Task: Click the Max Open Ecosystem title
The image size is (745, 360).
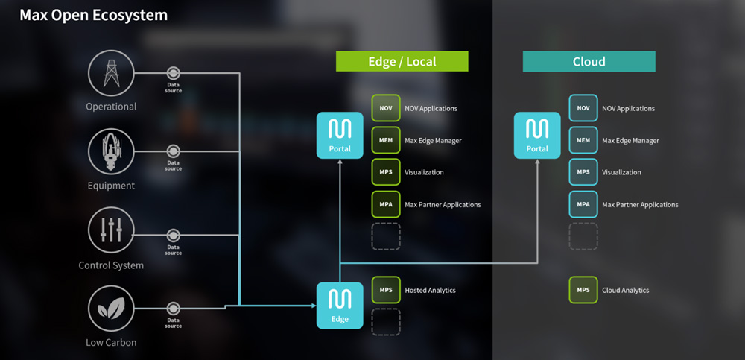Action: (x=93, y=15)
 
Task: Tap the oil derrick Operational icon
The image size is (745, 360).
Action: (x=112, y=73)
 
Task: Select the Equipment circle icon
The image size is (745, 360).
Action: (x=111, y=151)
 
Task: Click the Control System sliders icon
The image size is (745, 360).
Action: (x=111, y=231)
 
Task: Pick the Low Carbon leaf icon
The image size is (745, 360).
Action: (x=111, y=309)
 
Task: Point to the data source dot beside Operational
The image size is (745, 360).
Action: (x=173, y=73)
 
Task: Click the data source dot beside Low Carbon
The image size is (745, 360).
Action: (x=173, y=309)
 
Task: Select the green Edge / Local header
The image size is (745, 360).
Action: (x=402, y=61)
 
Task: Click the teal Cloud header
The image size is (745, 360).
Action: (x=589, y=61)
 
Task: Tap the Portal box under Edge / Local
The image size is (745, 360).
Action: (x=340, y=135)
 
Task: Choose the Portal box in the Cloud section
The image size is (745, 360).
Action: (x=537, y=135)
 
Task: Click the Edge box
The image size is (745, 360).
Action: (x=340, y=305)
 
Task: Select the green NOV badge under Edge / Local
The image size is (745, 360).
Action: (x=386, y=108)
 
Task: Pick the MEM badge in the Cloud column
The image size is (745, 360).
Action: (x=583, y=140)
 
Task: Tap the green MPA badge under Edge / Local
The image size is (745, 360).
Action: (x=386, y=204)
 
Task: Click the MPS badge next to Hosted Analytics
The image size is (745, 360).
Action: (x=386, y=290)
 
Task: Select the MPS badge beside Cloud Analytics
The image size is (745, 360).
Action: (x=583, y=290)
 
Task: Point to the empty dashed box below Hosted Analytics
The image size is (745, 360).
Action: (x=386, y=322)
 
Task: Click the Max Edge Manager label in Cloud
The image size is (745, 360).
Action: (x=630, y=140)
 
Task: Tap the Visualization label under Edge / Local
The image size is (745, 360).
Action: (x=424, y=172)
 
